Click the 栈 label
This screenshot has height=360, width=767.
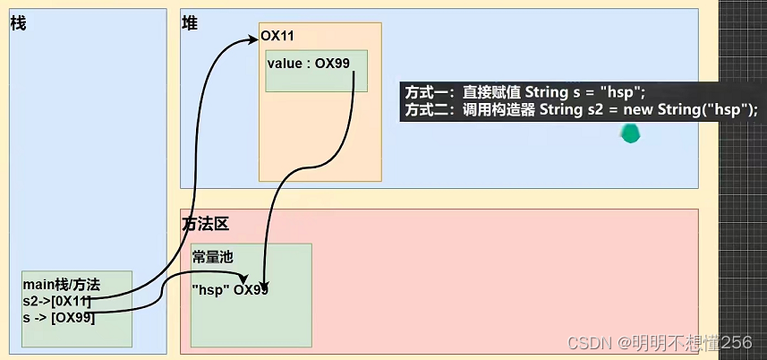coord(18,23)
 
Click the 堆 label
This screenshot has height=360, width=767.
coord(190,23)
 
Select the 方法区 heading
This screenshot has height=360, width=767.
coord(205,224)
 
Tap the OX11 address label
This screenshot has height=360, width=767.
coord(277,36)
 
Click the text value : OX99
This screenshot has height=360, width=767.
coord(307,64)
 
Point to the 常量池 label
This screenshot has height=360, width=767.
coord(213,256)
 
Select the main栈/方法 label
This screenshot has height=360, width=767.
coord(62,285)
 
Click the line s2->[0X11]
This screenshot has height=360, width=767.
coord(57,301)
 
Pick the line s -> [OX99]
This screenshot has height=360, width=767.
coord(59,317)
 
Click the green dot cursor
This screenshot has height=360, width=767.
coord(631,134)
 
